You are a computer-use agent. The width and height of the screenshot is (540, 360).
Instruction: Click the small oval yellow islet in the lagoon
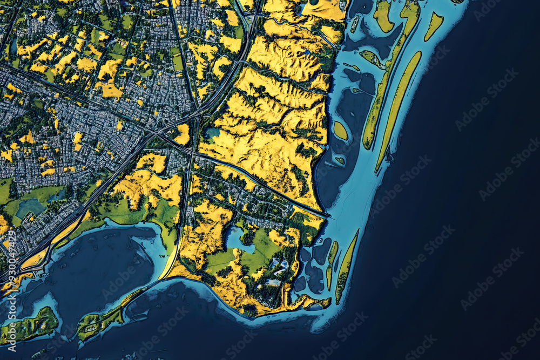pos(340,131)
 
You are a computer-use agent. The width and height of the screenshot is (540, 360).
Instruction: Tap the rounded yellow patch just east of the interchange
pos(183,134)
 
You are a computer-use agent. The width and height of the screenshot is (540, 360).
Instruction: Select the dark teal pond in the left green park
pos(30,207)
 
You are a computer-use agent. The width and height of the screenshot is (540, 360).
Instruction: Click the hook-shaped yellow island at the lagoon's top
pos(383,16)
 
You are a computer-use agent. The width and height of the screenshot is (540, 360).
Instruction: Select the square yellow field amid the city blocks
pos(110,91)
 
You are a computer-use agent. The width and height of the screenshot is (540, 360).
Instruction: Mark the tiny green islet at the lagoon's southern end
pos(340,160)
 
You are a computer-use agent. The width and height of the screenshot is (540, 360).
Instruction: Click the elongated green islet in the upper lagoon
pos(372,58)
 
